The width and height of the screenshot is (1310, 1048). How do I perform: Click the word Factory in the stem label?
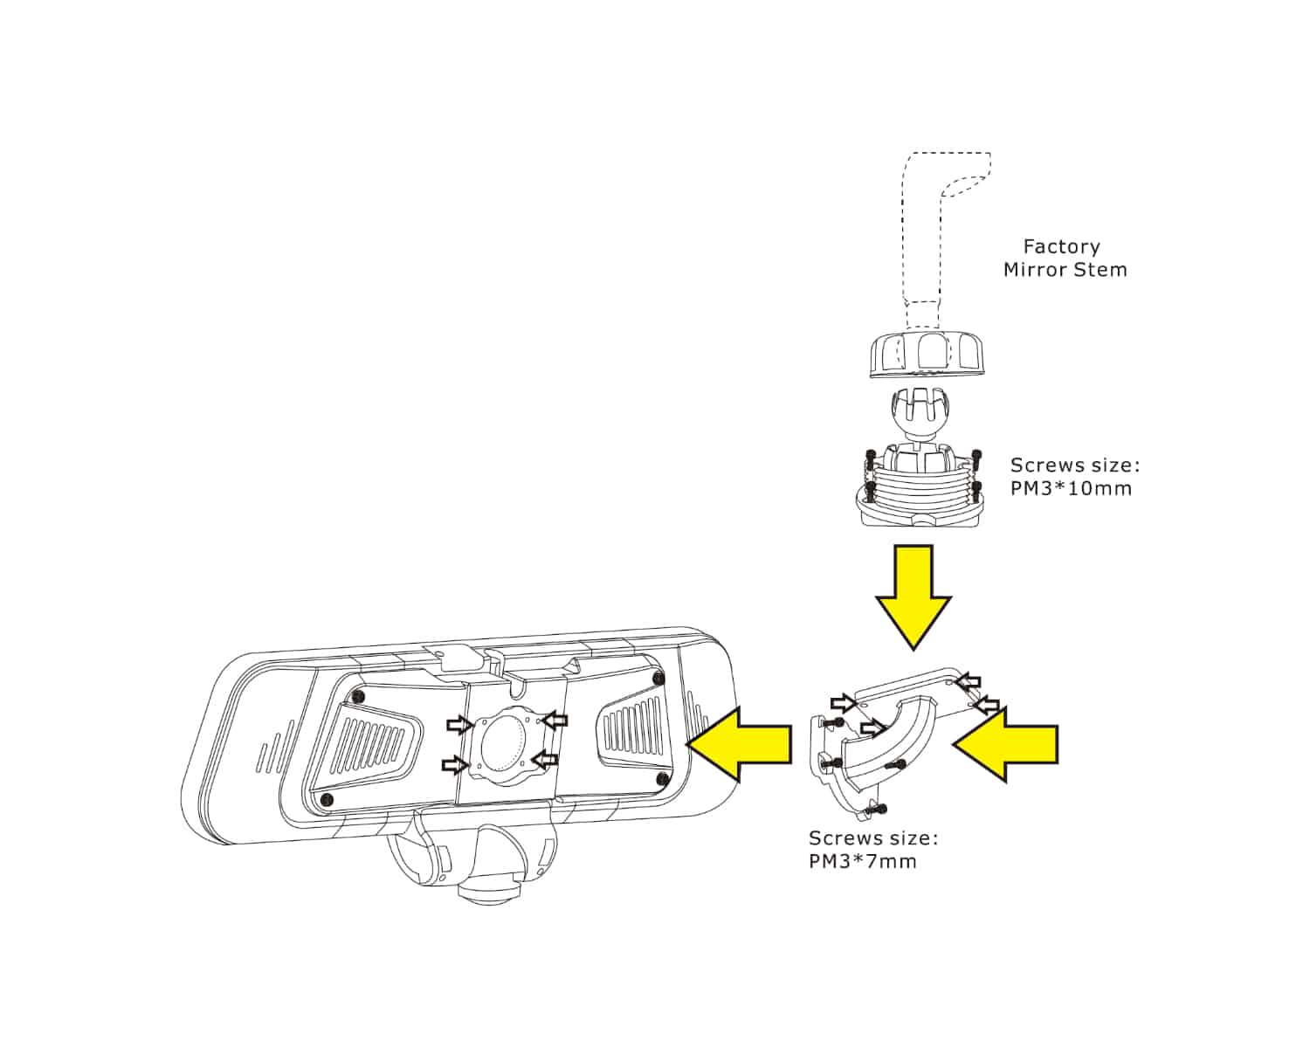tap(1061, 247)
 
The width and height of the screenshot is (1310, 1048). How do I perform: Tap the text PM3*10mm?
tap(1071, 489)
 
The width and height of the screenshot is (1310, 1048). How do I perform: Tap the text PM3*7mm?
tap(863, 862)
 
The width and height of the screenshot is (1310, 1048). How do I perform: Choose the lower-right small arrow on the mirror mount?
tap(545, 758)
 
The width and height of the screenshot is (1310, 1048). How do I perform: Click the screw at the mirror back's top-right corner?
tap(659, 679)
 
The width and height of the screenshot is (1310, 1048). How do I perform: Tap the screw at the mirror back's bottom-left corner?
tap(328, 799)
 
